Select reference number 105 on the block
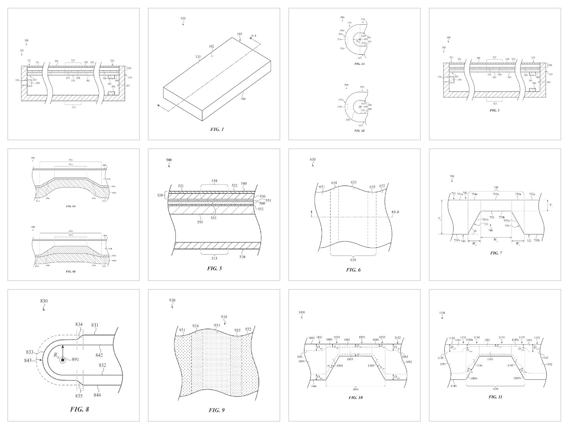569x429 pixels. [239, 34]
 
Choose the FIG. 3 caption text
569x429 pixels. [494, 110]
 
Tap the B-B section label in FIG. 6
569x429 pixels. [395, 212]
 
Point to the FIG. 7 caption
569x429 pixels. [496, 253]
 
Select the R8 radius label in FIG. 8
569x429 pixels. [56, 355]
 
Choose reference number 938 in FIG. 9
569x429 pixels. [224, 317]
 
